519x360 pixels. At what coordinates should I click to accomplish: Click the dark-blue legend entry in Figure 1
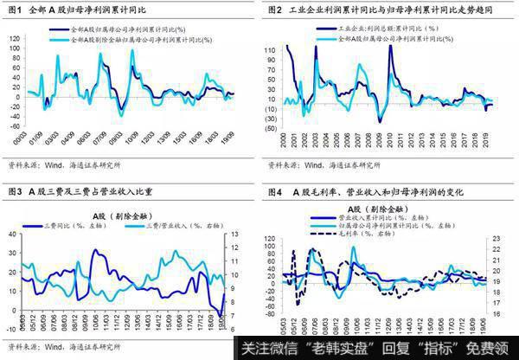(121, 29)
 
